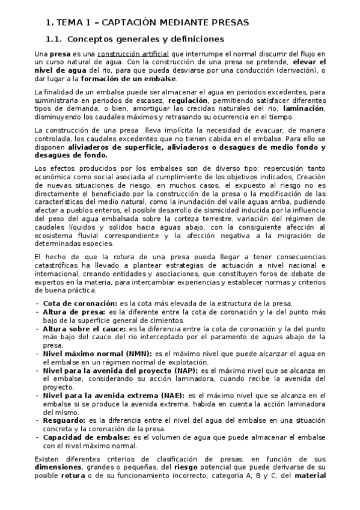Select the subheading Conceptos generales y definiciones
pyautogui.click(x=145, y=40)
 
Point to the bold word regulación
pyautogui.click(x=188, y=100)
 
